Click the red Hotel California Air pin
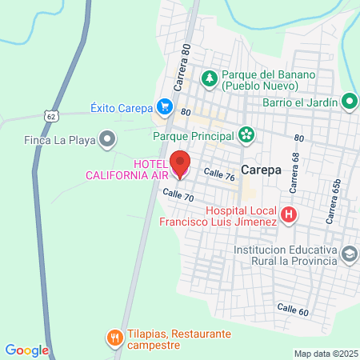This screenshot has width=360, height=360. (180, 163)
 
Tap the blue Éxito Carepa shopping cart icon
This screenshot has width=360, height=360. (165, 105)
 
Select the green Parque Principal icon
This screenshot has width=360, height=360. (246, 135)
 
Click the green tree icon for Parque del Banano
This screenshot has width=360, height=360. (210, 78)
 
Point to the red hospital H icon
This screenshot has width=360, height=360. (289, 214)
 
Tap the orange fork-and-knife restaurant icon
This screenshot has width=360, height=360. (116, 338)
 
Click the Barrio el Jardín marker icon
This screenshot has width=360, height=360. (349, 101)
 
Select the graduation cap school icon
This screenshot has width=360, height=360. (349, 254)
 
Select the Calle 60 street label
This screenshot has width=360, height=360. (293, 307)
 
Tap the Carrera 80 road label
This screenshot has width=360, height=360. (181, 69)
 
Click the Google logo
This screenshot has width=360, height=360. (26, 350)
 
